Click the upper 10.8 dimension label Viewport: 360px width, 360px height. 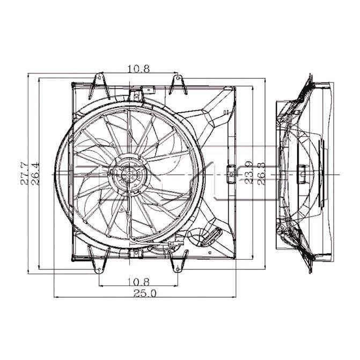coord(138,68)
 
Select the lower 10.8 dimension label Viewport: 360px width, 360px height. coord(138,281)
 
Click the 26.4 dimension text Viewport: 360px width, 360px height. coord(35,173)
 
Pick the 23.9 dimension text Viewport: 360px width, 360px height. coord(248,173)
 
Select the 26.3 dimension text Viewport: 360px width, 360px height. coord(261,173)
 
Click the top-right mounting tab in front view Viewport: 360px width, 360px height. coord(177,84)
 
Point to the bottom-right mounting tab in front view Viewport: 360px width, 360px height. coord(177,265)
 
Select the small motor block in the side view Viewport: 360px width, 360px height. coord(302,173)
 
